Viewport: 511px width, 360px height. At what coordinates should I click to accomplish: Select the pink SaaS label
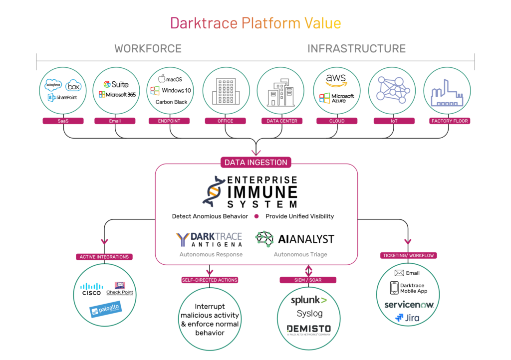pos(63,121)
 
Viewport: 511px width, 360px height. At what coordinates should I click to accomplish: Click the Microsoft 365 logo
pos(117,95)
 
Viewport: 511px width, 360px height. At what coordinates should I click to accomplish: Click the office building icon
pos(224,91)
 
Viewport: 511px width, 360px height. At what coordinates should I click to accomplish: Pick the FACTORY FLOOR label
pos(450,121)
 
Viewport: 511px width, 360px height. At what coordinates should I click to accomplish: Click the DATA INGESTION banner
pos(255,162)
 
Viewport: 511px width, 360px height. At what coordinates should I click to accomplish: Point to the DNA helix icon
pos(214,190)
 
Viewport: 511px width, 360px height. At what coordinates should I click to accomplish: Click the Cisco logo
pos(91,289)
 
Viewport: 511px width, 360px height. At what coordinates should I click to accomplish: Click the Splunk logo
pos(309,300)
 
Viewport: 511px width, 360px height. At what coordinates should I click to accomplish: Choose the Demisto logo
pos(308,329)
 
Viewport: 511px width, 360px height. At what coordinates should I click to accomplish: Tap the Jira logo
pos(408,317)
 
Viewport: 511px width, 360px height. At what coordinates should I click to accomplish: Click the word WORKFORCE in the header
pos(148,49)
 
